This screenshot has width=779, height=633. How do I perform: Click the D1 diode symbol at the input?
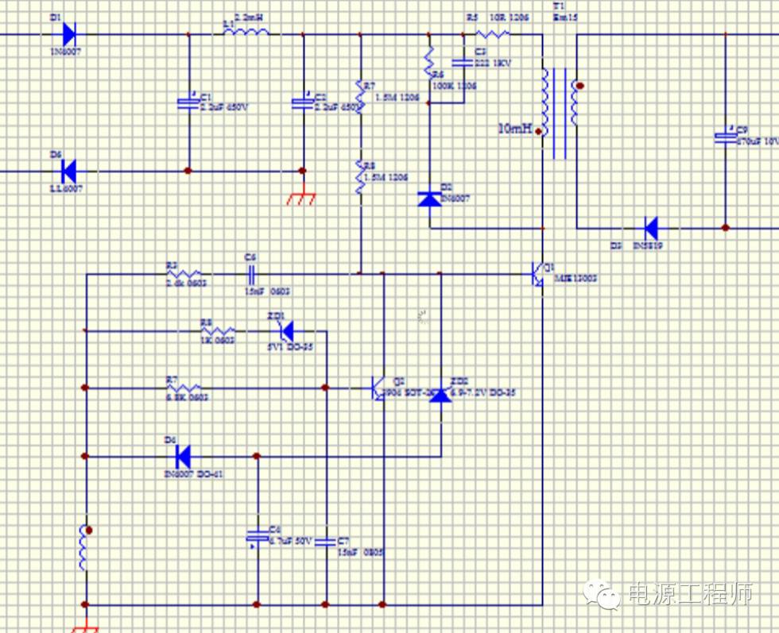pos(68,34)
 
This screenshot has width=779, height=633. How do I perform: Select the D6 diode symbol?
pos(68,170)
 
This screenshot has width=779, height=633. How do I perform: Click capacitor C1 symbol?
pos(188,102)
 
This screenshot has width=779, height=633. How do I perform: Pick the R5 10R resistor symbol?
pos(492,34)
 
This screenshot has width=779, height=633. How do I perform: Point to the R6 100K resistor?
pos(429,59)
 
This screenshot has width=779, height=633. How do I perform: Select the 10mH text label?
pos(515,128)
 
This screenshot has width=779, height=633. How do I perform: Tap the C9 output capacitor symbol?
pos(725,137)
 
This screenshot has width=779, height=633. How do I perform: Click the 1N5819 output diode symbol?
pos(650,228)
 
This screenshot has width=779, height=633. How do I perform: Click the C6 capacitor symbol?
pos(251,274)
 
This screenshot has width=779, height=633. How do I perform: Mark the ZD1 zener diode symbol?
pos(286,330)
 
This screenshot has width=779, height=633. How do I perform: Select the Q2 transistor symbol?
pos(378,388)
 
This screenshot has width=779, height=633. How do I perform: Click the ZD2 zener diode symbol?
pos(440,392)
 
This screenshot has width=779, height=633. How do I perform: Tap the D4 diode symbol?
pos(183,457)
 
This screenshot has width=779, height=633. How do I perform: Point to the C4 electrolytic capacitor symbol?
pos(257,538)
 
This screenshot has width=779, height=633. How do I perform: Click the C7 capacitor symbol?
pos(326,542)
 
